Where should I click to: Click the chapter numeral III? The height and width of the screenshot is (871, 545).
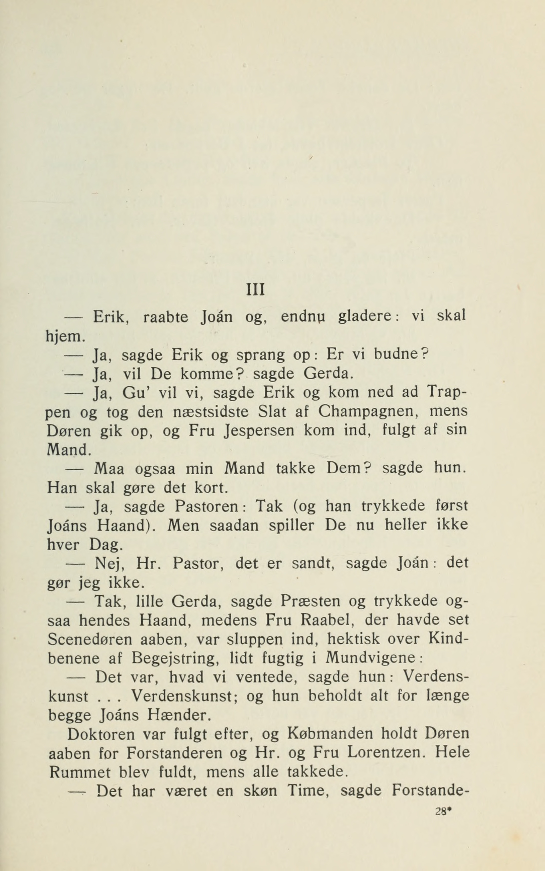point(256,290)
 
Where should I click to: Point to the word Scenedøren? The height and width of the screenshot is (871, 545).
point(90,639)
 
